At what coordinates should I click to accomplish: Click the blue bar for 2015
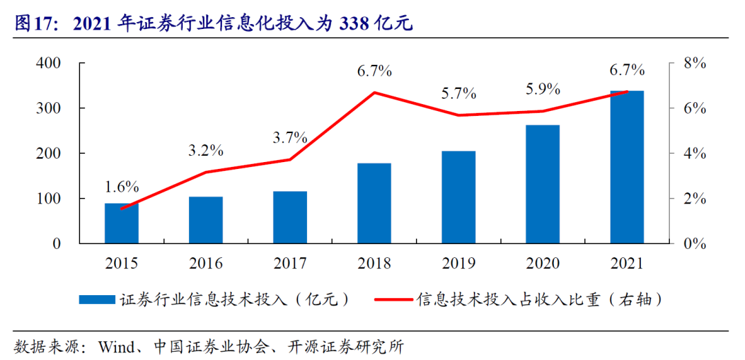click(121, 223)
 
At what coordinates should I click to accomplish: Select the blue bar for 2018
click(374, 203)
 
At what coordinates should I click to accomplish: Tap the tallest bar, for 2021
click(626, 167)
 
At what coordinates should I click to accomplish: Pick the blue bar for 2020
click(542, 184)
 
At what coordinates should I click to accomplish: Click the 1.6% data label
click(122, 187)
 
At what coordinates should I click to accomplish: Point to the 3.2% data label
click(206, 150)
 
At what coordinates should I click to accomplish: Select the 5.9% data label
click(542, 89)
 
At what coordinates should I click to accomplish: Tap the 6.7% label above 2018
click(375, 70)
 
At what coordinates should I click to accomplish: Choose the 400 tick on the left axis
click(48, 63)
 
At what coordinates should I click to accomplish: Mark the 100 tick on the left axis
click(48, 199)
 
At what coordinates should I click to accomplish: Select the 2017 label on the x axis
click(290, 263)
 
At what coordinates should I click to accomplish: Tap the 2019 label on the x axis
click(458, 263)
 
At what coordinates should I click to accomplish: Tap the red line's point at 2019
click(458, 115)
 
